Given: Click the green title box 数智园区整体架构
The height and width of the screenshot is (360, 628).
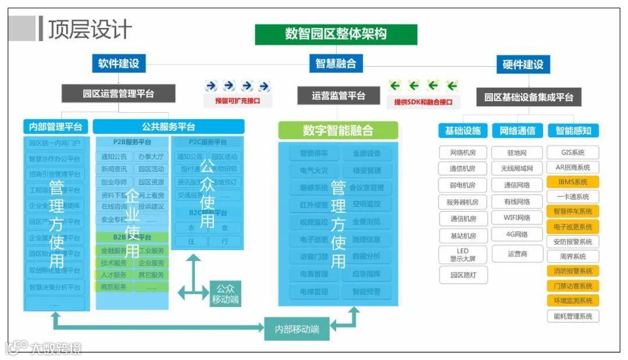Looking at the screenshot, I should click(336, 34).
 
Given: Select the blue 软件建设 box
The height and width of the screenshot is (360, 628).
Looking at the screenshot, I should click(119, 63).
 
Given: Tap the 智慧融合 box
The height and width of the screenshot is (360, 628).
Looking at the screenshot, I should click(336, 63).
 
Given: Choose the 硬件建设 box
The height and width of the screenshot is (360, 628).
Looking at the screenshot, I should click(523, 65).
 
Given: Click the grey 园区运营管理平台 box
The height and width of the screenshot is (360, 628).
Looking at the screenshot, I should click(119, 93).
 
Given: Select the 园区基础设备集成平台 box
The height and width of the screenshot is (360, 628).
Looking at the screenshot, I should click(529, 97).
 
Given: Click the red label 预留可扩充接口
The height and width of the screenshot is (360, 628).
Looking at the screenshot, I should click(237, 101).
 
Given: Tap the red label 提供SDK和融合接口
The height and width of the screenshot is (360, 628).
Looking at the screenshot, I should click(423, 102).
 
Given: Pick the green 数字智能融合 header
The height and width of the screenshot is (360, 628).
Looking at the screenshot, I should click(338, 130).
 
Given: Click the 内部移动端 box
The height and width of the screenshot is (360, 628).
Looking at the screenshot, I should click(297, 329).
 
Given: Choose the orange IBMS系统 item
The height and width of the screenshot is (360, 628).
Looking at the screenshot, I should click(573, 182).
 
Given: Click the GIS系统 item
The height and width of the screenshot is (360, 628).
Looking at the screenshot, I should click(573, 152).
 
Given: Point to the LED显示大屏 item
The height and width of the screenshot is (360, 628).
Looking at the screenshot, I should click(463, 255).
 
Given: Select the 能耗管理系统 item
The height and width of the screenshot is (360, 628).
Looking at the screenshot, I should click(573, 316).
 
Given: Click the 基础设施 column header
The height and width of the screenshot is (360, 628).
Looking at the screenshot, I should click(463, 131).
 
